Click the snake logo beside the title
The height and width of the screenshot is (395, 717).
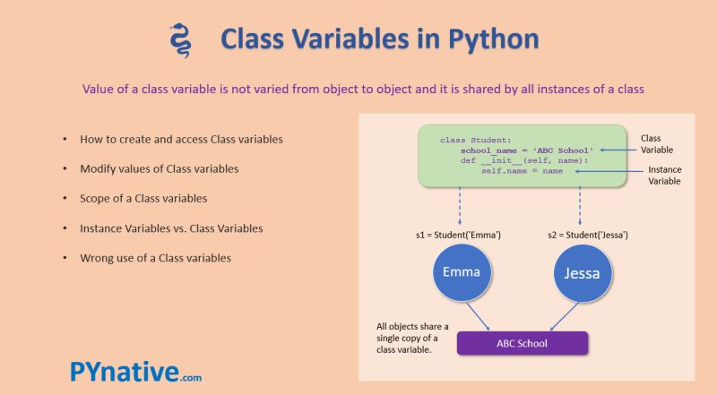pyautogui.click(x=180, y=40)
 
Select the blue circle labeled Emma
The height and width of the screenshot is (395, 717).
pyautogui.click(x=461, y=271)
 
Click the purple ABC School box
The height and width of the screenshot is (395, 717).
pyautogui.click(x=523, y=343)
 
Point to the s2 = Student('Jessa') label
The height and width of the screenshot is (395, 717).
pyautogui.click(x=587, y=234)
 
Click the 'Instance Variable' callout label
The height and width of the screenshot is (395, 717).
pyautogui.click(x=664, y=175)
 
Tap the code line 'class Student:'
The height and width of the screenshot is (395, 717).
pyautogui.click(x=475, y=140)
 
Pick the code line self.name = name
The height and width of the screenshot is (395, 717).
pyautogui.click(x=522, y=170)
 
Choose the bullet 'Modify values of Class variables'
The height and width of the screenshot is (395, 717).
pyautogui.click(x=160, y=168)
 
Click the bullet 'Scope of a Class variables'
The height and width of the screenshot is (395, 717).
pyautogui.click(x=144, y=198)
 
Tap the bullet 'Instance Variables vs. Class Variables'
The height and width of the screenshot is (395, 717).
pyautogui.click(x=171, y=228)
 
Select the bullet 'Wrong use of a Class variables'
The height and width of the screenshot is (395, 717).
pyautogui.click(x=155, y=258)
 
